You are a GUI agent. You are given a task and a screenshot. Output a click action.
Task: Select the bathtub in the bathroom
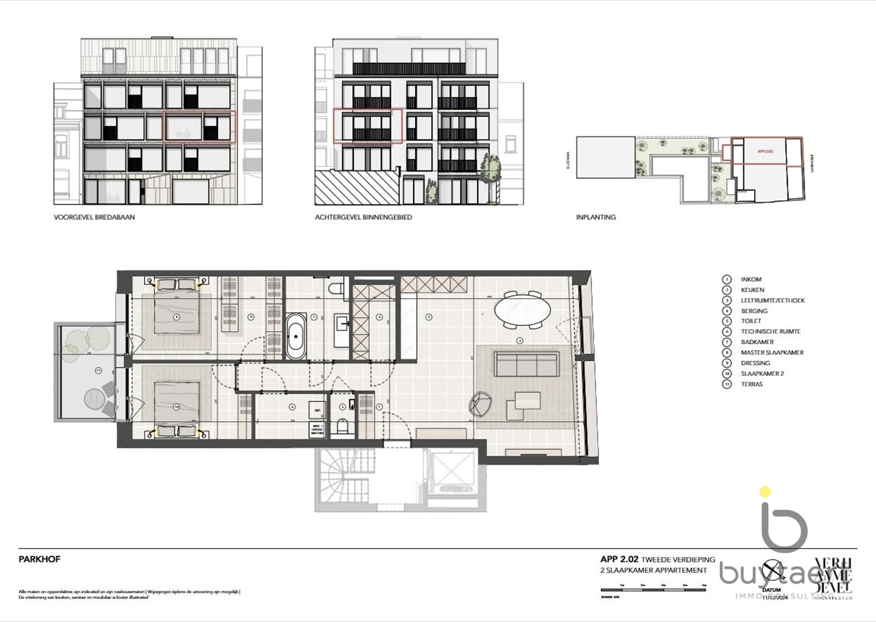pyautogui.click(x=296, y=336)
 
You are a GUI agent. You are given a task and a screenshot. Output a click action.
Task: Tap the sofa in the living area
pyautogui.click(x=526, y=364)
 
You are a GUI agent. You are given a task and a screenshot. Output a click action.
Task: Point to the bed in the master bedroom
pyautogui.click(x=176, y=313)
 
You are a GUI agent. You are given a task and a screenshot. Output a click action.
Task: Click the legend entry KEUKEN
pyautogui.click(x=752, y=290)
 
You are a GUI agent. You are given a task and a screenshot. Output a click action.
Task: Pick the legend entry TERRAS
pyautogui.click(x=752, y=384)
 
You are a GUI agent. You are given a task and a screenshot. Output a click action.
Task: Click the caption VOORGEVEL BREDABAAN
pyautogui.click(x=94, y=217)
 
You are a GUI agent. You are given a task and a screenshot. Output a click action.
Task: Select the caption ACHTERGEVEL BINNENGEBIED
pyautogui.click(x=363, y=217)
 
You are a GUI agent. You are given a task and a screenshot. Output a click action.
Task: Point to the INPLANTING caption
pyautogui.click(x=595, y=217)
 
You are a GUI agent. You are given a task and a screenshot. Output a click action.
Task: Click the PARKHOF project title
pyautogui.click(x=39, y=559)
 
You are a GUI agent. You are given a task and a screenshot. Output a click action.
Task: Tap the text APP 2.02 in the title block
pyautogui.click(x=619, y=560)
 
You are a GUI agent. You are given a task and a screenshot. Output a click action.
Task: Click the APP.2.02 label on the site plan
pyautogui.click(x=765, y=151)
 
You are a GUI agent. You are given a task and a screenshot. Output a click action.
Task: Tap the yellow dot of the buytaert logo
pyautogui.click(x=765, y=492)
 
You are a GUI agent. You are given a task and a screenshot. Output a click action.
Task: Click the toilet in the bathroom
pyautogui.click(x=340, y=287)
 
